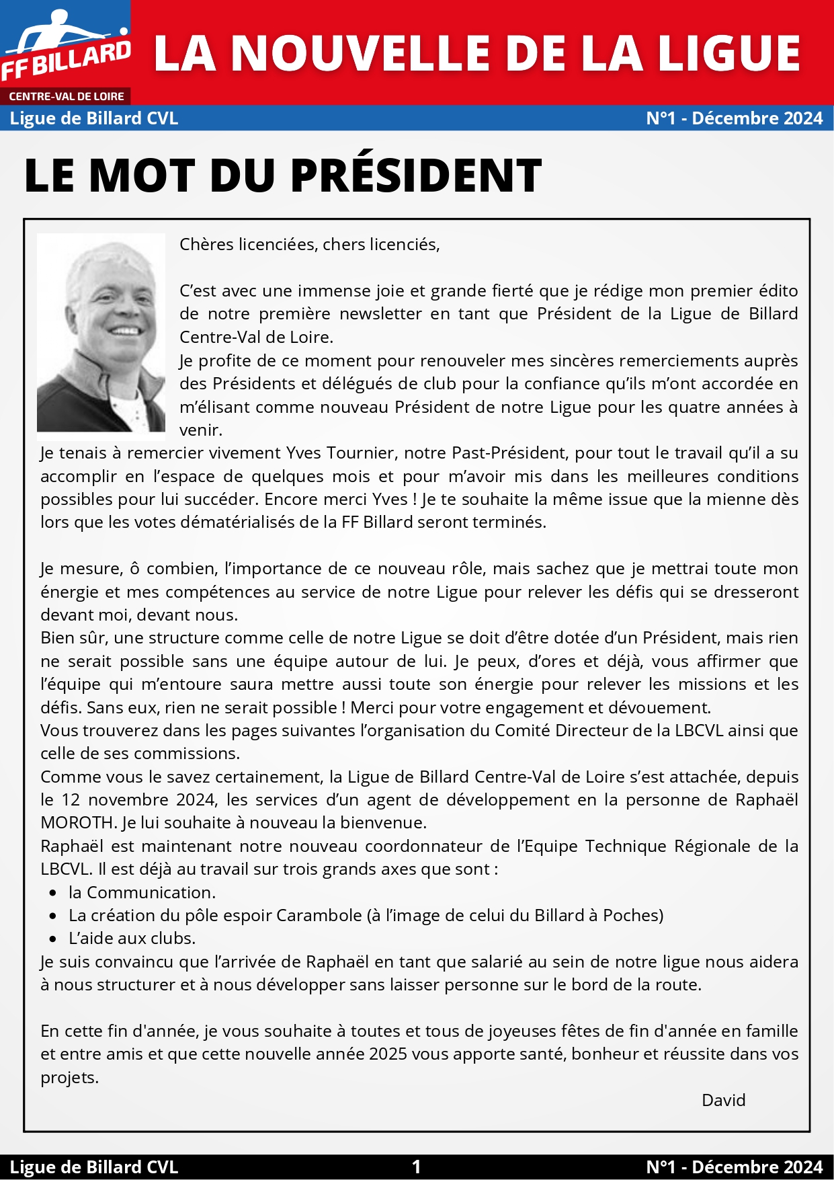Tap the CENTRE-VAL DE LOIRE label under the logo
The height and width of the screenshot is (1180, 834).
pos(66,97)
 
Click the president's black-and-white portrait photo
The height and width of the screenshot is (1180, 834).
pos(101,332)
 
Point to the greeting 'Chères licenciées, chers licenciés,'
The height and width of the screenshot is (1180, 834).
pos(309,245)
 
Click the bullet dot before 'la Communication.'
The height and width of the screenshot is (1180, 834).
pos(53,893)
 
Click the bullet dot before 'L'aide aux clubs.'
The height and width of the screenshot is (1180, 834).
pos(53,939)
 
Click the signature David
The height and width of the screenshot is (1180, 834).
pos(723,1101)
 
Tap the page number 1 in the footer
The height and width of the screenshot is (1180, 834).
pos(416,1167)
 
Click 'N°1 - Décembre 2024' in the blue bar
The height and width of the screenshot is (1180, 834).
pos(734,118)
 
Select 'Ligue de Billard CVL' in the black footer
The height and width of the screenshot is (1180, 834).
pos(94,1167)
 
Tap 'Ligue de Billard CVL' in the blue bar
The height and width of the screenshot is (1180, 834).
pos(94,118)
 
